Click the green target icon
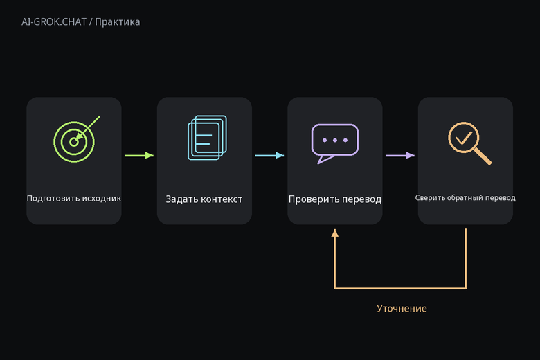[x=74, y=142]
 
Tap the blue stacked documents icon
[x=207, y=138]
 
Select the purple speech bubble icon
[x=335, y=144]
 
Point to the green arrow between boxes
[x=139, y=155]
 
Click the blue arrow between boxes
[x=270, y=155]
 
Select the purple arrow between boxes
[x=400, y=155]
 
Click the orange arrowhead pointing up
[x=335, y=233]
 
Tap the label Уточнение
[x=402, y=308]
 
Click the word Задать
[x=181, y=199]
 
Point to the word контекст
[x=222, y=199]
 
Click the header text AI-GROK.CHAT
[x=54, y=22]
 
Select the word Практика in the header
[x=118, y=22]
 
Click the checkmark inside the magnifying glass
[x=464, y=138]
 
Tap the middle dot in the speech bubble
[x=335, y=141]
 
